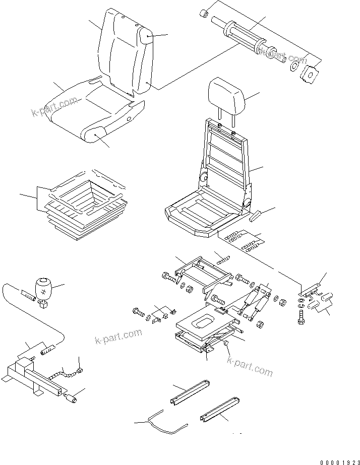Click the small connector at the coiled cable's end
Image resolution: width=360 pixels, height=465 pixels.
(79, 373)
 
